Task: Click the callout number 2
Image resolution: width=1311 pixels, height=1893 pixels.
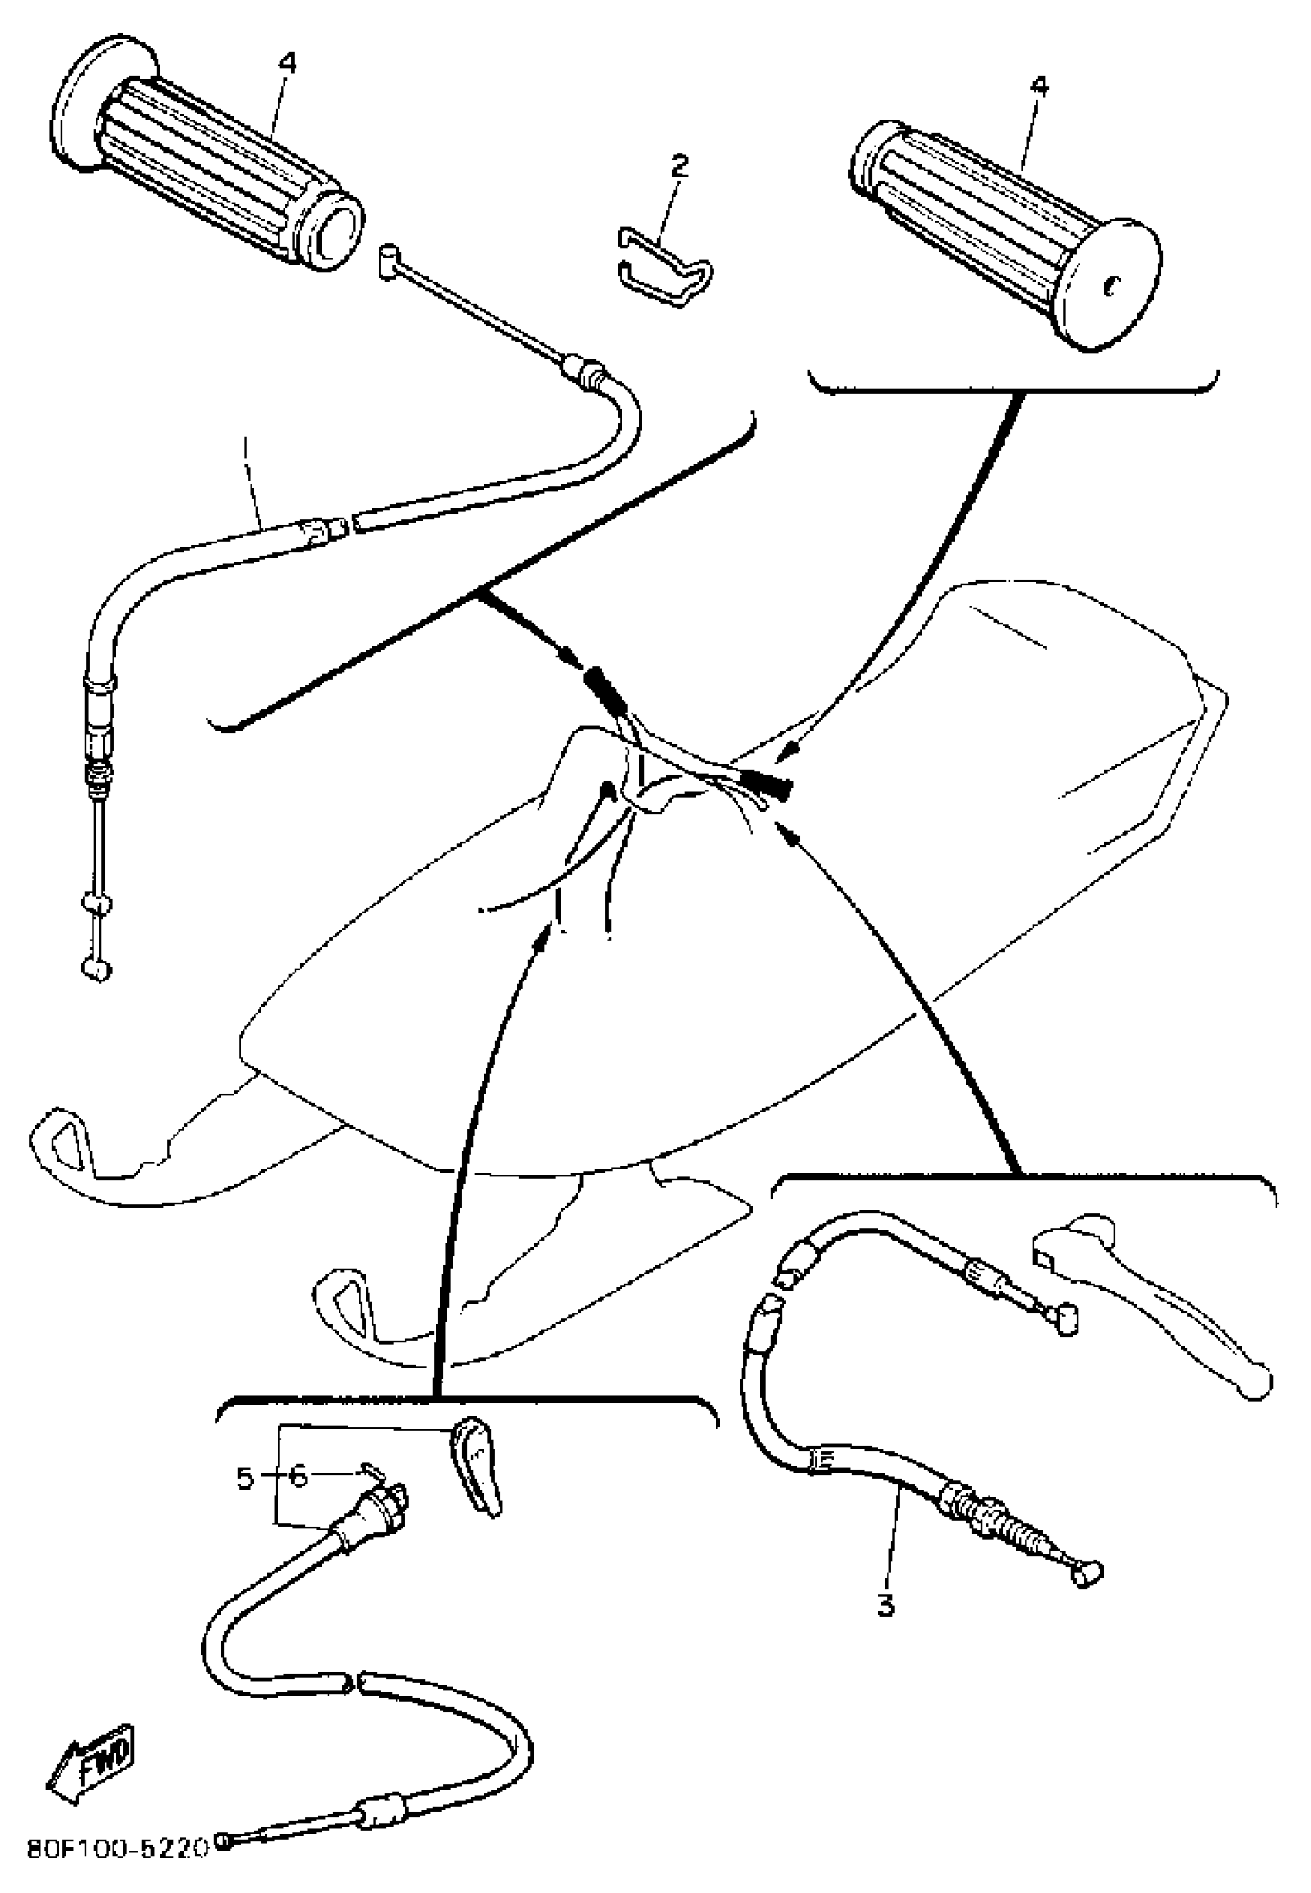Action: [x=679, y=167]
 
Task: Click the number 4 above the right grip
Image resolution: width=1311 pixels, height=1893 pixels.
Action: [x=1040, y=86]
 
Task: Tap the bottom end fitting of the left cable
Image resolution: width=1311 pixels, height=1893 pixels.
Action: [x=96, y=972]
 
